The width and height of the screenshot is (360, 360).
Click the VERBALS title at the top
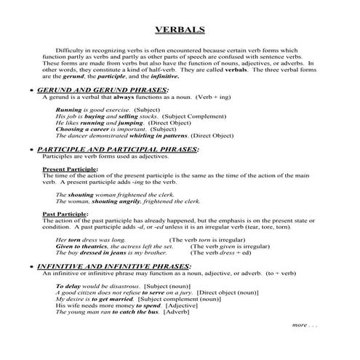click(180, 30)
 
